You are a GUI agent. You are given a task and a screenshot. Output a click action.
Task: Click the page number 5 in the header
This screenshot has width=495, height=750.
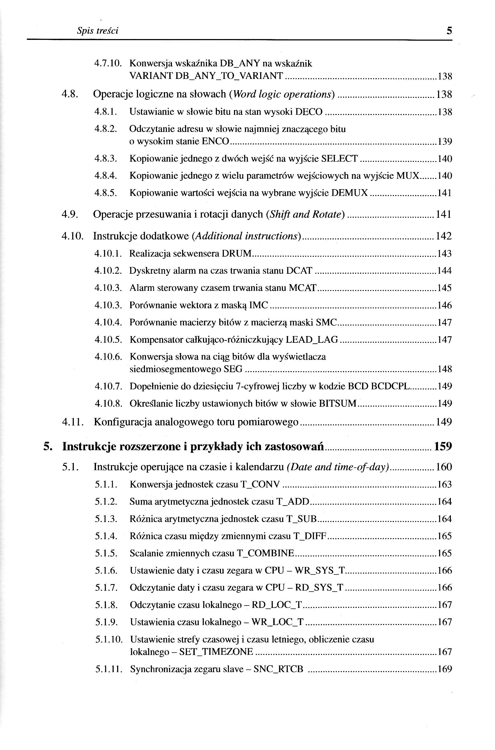(449, 31)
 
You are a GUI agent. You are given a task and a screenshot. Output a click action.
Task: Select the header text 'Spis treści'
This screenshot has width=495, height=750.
(98, 31)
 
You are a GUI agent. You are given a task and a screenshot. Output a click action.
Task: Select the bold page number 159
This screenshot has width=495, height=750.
(443, 447)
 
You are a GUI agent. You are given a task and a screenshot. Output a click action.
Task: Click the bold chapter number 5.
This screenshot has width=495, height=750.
(47, 447)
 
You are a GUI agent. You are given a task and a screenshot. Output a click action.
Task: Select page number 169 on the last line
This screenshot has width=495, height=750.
(445, 669)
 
